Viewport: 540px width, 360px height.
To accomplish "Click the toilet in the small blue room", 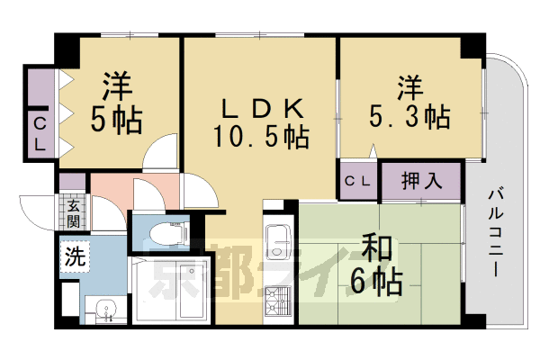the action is (x=169, y=233).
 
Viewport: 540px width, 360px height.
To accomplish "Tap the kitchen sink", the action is (x=279, y=242).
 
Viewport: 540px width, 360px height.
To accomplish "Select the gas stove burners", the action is (x=278, y=301).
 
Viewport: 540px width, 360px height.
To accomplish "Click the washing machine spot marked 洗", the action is (x=75, y=256).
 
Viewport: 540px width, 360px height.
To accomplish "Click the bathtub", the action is (x=172, y=290).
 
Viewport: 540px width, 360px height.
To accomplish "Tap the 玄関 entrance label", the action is (x=74, y=213).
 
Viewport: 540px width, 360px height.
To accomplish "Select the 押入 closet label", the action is (x=421, y=180).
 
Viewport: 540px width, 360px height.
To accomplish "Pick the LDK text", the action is (x=263, y=108).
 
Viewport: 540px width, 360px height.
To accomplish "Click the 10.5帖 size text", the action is (x=261, y=137).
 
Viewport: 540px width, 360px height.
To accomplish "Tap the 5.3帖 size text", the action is (x=409, y=116).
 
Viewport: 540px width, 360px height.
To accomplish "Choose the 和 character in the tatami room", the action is (x=377, y=247).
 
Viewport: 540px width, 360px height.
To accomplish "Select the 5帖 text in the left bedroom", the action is (x=116, y=121).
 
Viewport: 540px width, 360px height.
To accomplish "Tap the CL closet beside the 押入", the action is (x=357, y=181).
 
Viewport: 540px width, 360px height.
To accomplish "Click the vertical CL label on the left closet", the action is (x=40, y=134).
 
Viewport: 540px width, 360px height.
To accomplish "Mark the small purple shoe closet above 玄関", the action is (x=72, y=182).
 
